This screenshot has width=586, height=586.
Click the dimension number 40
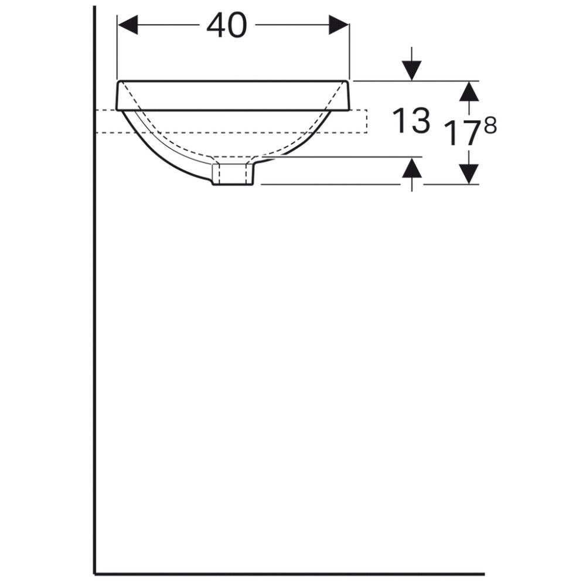pyautogui.click(x=227, y=26)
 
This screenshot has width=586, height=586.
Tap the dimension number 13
pyautogui.click(x=411, y=121)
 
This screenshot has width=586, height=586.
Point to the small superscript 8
pyautogui.click(x=490, y=125)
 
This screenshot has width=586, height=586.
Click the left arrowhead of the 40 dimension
pyautogui.click(x=128, y=25)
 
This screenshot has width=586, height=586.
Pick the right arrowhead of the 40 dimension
pyautogui.click(x=339, y=25)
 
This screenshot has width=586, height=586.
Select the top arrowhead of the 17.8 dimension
pyautogui.click(x=468, y=91)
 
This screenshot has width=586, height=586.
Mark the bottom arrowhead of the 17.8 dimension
pyautogui.click(x=468, y=173)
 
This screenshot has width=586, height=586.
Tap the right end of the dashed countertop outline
pyautogui.click(x=366, y=121)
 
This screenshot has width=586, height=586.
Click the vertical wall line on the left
pyautogui.click(x=94, y=352)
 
